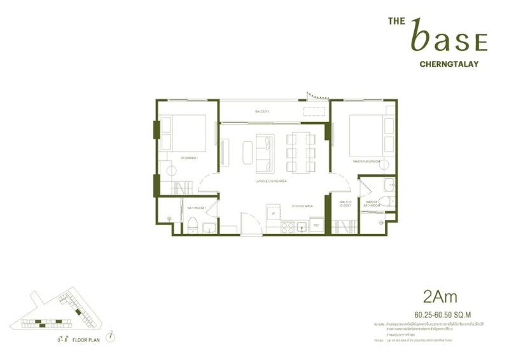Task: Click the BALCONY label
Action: pos(262,112)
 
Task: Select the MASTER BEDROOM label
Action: pos(366,162)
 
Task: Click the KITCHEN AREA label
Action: pos(301,207)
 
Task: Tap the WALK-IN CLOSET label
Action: pos(345,205)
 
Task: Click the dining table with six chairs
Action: pos(299,153)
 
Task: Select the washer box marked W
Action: pos(273,213)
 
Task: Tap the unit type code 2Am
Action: pos(440,296)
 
